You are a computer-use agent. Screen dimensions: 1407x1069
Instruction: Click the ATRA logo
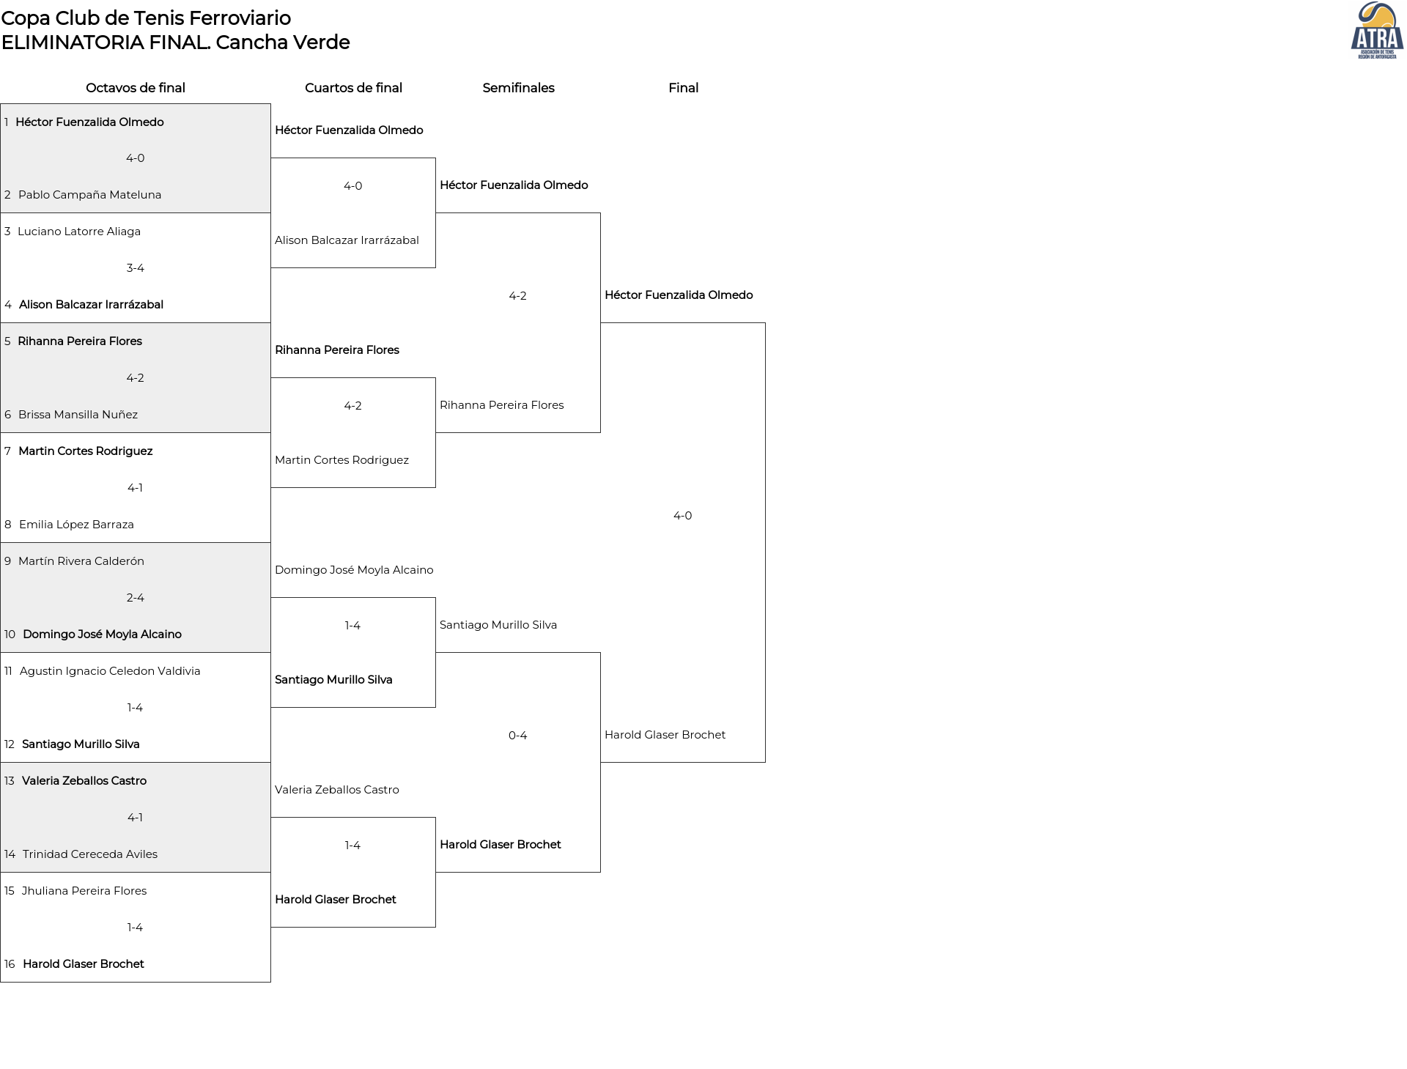(x=1377, y=31)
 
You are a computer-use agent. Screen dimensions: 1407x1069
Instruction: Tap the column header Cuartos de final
(x=353, y=88)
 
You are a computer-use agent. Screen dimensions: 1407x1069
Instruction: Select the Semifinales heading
(x=518, y=88)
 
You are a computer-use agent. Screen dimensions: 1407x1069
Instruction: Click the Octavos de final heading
(x=136, y=88)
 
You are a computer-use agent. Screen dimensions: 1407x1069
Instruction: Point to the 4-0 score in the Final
(x=682, y=516)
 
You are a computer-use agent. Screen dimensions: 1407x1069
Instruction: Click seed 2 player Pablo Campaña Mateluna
(x=89, y=195)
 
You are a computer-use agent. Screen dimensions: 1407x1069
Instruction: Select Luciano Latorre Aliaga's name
(x=79, y=232)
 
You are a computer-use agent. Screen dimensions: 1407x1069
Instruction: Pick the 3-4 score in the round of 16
(x=135, y=268)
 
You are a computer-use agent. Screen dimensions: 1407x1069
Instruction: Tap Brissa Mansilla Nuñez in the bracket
(x=78, y=415)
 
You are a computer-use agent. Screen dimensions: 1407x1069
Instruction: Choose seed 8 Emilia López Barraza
(x=76, y=525)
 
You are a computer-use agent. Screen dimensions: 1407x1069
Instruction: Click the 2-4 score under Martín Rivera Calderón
(x=135, y=598)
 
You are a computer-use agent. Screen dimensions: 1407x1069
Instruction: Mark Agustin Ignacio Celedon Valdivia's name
(x=110, y=671)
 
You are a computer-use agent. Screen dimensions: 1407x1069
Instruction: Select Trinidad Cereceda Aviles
(x=90, y=854)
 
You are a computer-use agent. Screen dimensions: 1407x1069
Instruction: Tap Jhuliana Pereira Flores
(x=84, y=891)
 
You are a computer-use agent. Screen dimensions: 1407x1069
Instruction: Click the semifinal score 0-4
(x=517, y=736)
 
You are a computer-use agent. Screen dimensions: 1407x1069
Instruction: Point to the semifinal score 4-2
(x=517, y=296)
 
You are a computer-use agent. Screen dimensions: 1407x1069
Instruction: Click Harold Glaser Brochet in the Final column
(x=665, y=735)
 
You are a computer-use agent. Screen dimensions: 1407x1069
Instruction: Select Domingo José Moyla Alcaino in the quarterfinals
(x=354, y=570)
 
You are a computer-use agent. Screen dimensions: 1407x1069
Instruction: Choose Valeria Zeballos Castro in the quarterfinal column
(x=337, y=790)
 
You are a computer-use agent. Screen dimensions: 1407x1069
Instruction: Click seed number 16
(x=10, y=964)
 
